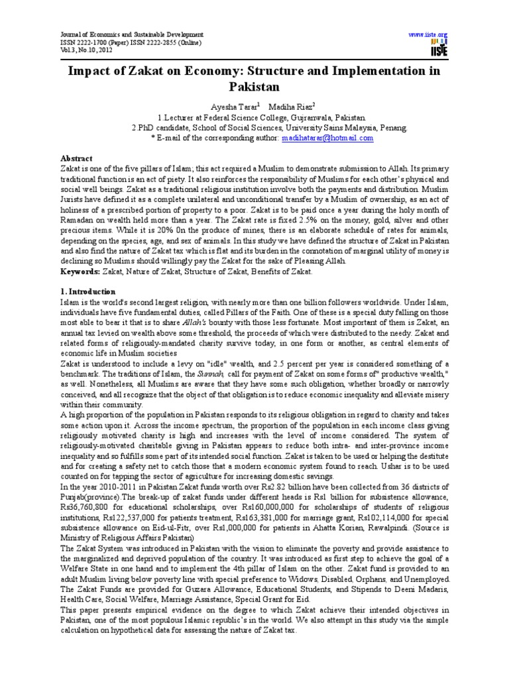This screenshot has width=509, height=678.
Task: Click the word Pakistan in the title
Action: point(254,86)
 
